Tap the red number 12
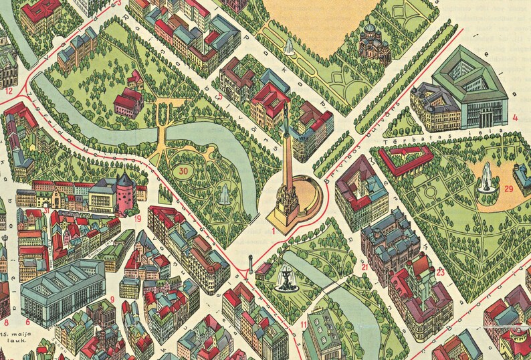(x=9, y=90)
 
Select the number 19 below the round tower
(x=136, y=218)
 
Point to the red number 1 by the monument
(x=273, y=230)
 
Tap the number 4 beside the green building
(x=515, y=118)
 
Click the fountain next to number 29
(x=486, y=177)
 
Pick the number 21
(x=364, y=266)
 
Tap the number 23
(x=440, y=272)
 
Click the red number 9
(x=112, y=299)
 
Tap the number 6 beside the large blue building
(x=27, y=322)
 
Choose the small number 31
(x=46, y=211)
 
